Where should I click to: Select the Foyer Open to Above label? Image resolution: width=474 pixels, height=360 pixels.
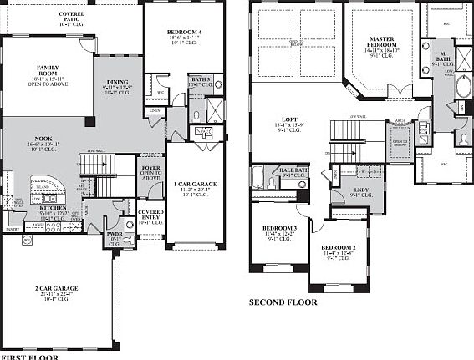tap(150, 173)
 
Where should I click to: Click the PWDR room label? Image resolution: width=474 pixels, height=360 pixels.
tap(116, 236)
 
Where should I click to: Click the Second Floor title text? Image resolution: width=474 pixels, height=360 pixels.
tap(283, 302)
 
